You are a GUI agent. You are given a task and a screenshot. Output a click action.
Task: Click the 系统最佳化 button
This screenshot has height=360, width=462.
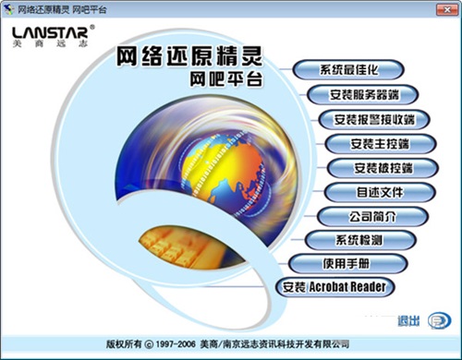349,70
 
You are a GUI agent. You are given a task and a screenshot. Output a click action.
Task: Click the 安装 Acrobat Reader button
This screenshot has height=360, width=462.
334,287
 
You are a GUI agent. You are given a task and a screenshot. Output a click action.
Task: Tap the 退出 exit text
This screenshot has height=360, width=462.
407,320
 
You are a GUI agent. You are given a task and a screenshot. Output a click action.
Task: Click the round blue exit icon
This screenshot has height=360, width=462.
437,319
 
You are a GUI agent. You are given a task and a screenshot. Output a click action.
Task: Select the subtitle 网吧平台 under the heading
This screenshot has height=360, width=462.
224,81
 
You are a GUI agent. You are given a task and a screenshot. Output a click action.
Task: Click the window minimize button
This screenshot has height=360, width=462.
409,8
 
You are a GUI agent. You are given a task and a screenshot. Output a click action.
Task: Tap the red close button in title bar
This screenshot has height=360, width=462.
448,8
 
